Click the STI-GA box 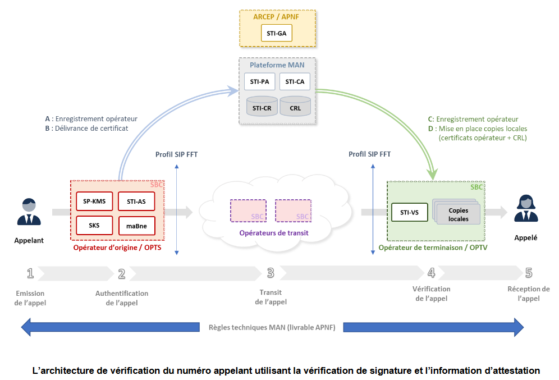click(277, 33)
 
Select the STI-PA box click(259, 82)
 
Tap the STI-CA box click(295, 82)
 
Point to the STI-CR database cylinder click(262, 106)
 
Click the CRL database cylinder click(295, 106)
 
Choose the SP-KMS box click(94, 201)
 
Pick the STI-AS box click(136, 201)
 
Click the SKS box click(94, 225)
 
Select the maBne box click(136, 226)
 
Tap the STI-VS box click(409, 212)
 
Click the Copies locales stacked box click(457, 214)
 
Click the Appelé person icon click(525, 209)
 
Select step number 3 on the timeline click(271, 273)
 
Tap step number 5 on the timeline click(529, 273)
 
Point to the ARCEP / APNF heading click(277, 17)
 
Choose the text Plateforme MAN click(277, 65)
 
